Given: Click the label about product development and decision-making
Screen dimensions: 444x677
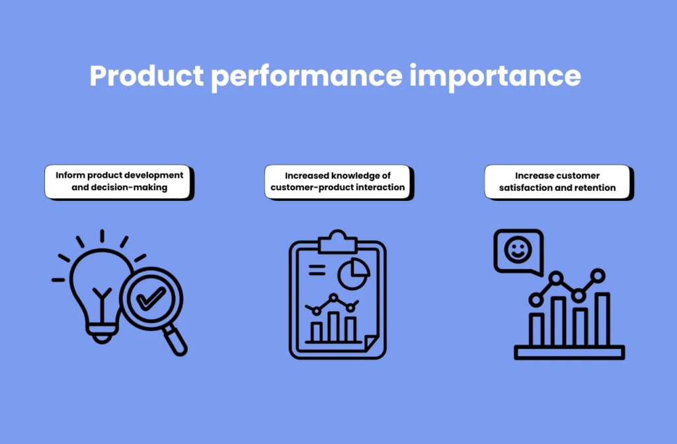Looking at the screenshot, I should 120,182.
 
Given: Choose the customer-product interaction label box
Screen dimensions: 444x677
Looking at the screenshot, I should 338,182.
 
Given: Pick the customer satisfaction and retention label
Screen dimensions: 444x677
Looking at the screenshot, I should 557,182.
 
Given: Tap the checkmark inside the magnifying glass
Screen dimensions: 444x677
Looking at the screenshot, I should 151,299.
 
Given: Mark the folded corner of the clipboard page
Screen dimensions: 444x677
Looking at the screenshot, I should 371,344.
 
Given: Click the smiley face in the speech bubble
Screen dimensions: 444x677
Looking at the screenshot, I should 517,250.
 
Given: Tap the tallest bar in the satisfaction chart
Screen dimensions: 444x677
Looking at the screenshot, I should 602,319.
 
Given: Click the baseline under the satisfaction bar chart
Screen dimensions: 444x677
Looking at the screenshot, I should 569,353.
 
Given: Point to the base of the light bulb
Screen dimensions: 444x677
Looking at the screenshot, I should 100,334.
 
